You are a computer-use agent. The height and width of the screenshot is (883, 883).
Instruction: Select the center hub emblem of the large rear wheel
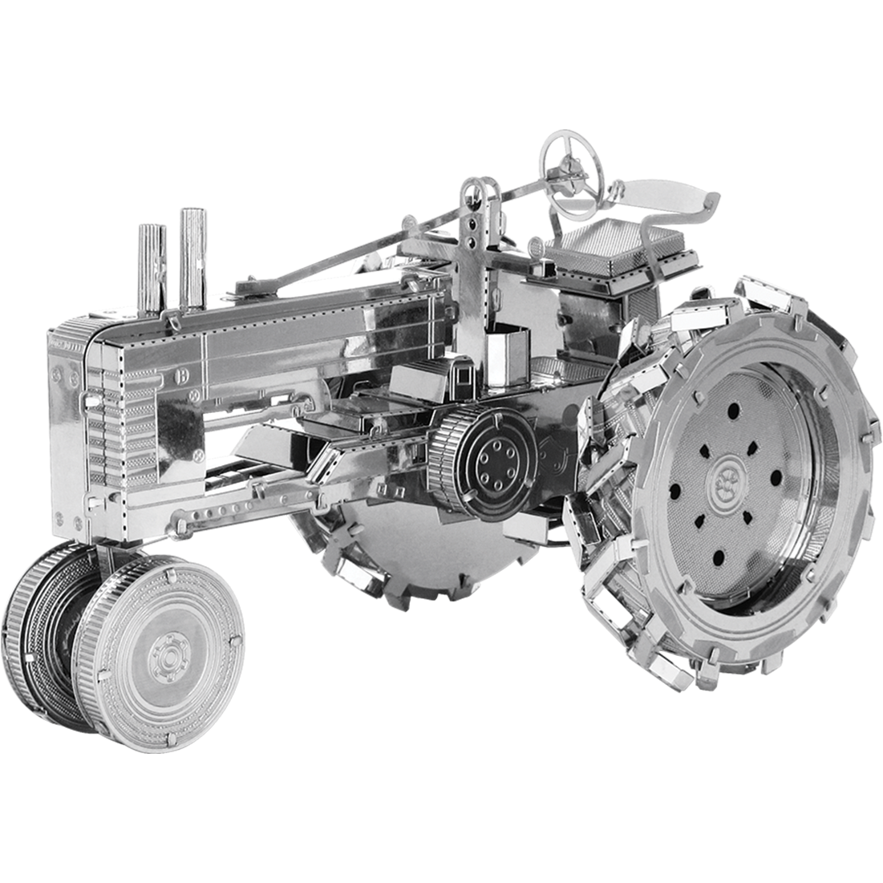(732, 474)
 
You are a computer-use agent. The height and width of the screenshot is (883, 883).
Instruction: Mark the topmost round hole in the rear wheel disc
(733, 411)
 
